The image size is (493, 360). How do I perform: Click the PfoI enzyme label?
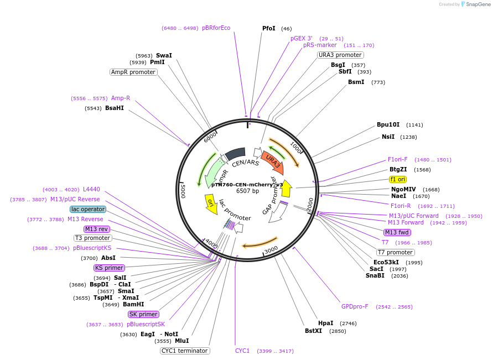click(268, 28)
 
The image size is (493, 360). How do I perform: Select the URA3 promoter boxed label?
click(340, 55)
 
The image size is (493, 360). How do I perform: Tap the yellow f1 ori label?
click(398, 179)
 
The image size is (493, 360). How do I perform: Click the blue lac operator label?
click(87, 209)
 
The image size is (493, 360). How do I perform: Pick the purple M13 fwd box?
click(397, 232)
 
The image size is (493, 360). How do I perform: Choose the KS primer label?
click(109, 268)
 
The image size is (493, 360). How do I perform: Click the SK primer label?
click(143, 314)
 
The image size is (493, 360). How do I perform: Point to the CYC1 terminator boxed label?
click(185, 351)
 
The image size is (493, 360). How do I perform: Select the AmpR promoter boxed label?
click(133, 72)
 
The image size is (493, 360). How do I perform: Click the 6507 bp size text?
click(247, 191)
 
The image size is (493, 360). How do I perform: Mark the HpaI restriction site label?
click(325, 323)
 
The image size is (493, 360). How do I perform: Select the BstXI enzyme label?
click(313, 331)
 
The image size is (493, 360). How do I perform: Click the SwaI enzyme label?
click(164, 55)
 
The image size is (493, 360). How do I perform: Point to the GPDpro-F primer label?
click(355, 306)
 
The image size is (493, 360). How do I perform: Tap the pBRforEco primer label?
click(216, 28)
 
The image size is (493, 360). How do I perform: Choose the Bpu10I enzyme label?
click(388, 125)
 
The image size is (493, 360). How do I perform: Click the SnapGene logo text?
click(475, 4)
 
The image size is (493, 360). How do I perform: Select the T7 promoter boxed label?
click(396, 252)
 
